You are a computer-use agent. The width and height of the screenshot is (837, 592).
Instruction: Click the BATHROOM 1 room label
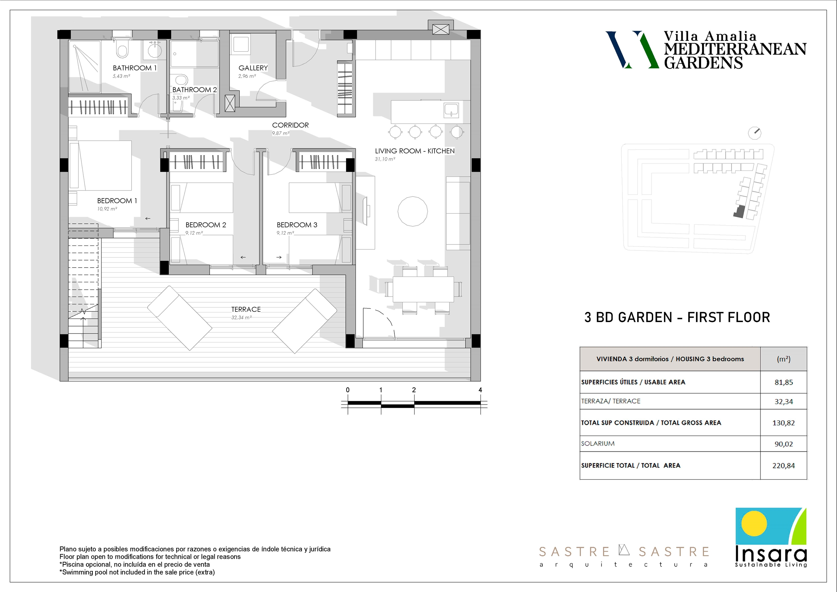135,68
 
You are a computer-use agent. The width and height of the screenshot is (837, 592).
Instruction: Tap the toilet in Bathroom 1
123,49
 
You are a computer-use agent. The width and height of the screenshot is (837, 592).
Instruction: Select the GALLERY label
253,68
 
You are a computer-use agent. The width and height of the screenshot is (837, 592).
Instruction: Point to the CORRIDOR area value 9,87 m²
281,133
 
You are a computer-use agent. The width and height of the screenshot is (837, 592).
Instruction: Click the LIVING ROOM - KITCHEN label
415,151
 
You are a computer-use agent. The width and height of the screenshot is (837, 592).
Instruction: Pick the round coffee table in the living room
413,211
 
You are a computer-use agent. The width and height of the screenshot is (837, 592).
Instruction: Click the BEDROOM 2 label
206,225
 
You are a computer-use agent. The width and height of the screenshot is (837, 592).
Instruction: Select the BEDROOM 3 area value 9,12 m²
285,233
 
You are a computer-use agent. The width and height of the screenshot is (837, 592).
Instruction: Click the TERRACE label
246,309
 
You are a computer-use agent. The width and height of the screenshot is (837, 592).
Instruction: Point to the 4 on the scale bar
480,390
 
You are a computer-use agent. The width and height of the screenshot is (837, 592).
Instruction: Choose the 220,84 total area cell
783,465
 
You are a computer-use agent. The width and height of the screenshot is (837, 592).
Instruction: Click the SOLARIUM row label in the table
598,444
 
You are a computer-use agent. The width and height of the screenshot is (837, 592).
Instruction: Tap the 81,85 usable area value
784,382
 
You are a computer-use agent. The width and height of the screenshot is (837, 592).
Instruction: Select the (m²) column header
784,359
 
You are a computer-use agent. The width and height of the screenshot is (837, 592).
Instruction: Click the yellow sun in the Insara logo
754,523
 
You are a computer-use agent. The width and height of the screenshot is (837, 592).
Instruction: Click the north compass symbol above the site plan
755,133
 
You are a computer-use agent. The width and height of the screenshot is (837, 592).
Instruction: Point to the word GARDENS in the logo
703,63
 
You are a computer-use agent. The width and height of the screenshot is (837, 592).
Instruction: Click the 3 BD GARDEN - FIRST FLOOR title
677,317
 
